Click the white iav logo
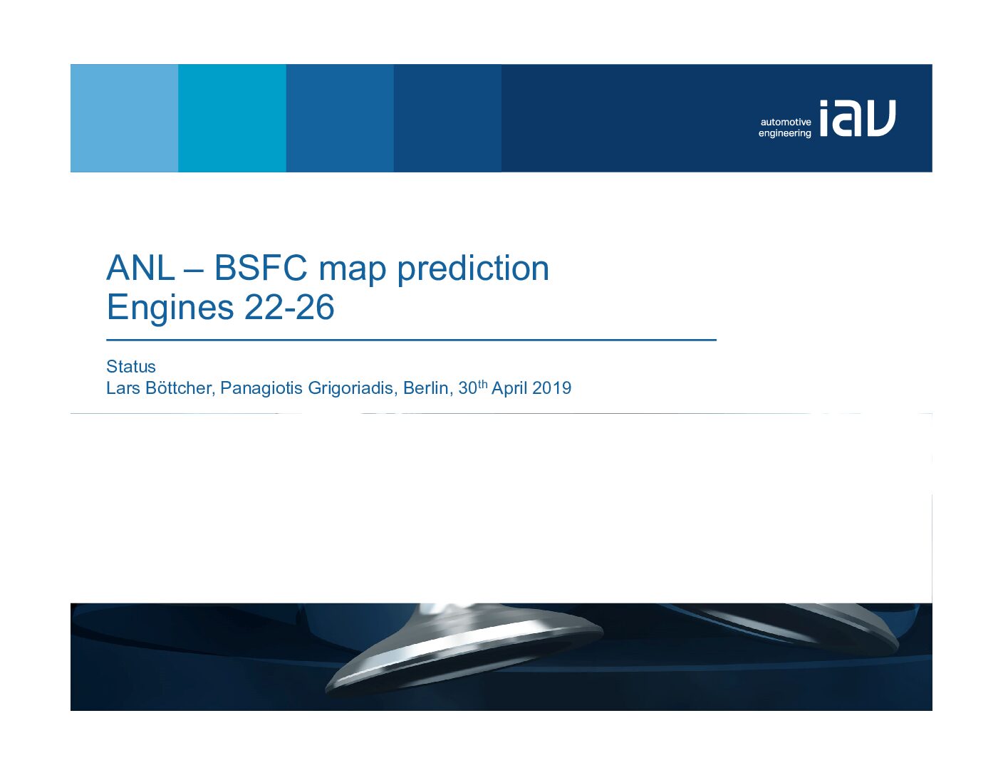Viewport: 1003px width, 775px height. tap(857, 118)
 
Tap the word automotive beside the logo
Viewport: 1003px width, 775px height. tap(786, 122)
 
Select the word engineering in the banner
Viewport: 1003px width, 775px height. tap(785, 133)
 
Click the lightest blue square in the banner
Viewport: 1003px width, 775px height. tap(124, 118)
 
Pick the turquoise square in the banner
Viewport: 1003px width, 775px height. tap(232, 118)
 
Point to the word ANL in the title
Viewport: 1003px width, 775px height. tap(140, 268)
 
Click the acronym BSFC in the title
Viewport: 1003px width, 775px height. tap(261, 268)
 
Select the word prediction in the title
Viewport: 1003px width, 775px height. tap(473, 269)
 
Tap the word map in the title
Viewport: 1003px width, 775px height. tap(352, 271)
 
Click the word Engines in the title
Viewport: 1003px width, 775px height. tap(170, 308)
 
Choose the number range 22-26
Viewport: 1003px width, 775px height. tap(289, 308)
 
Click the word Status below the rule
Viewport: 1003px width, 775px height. tap(131, 367)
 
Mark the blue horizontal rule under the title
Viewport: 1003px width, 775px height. tap(411, 340)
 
